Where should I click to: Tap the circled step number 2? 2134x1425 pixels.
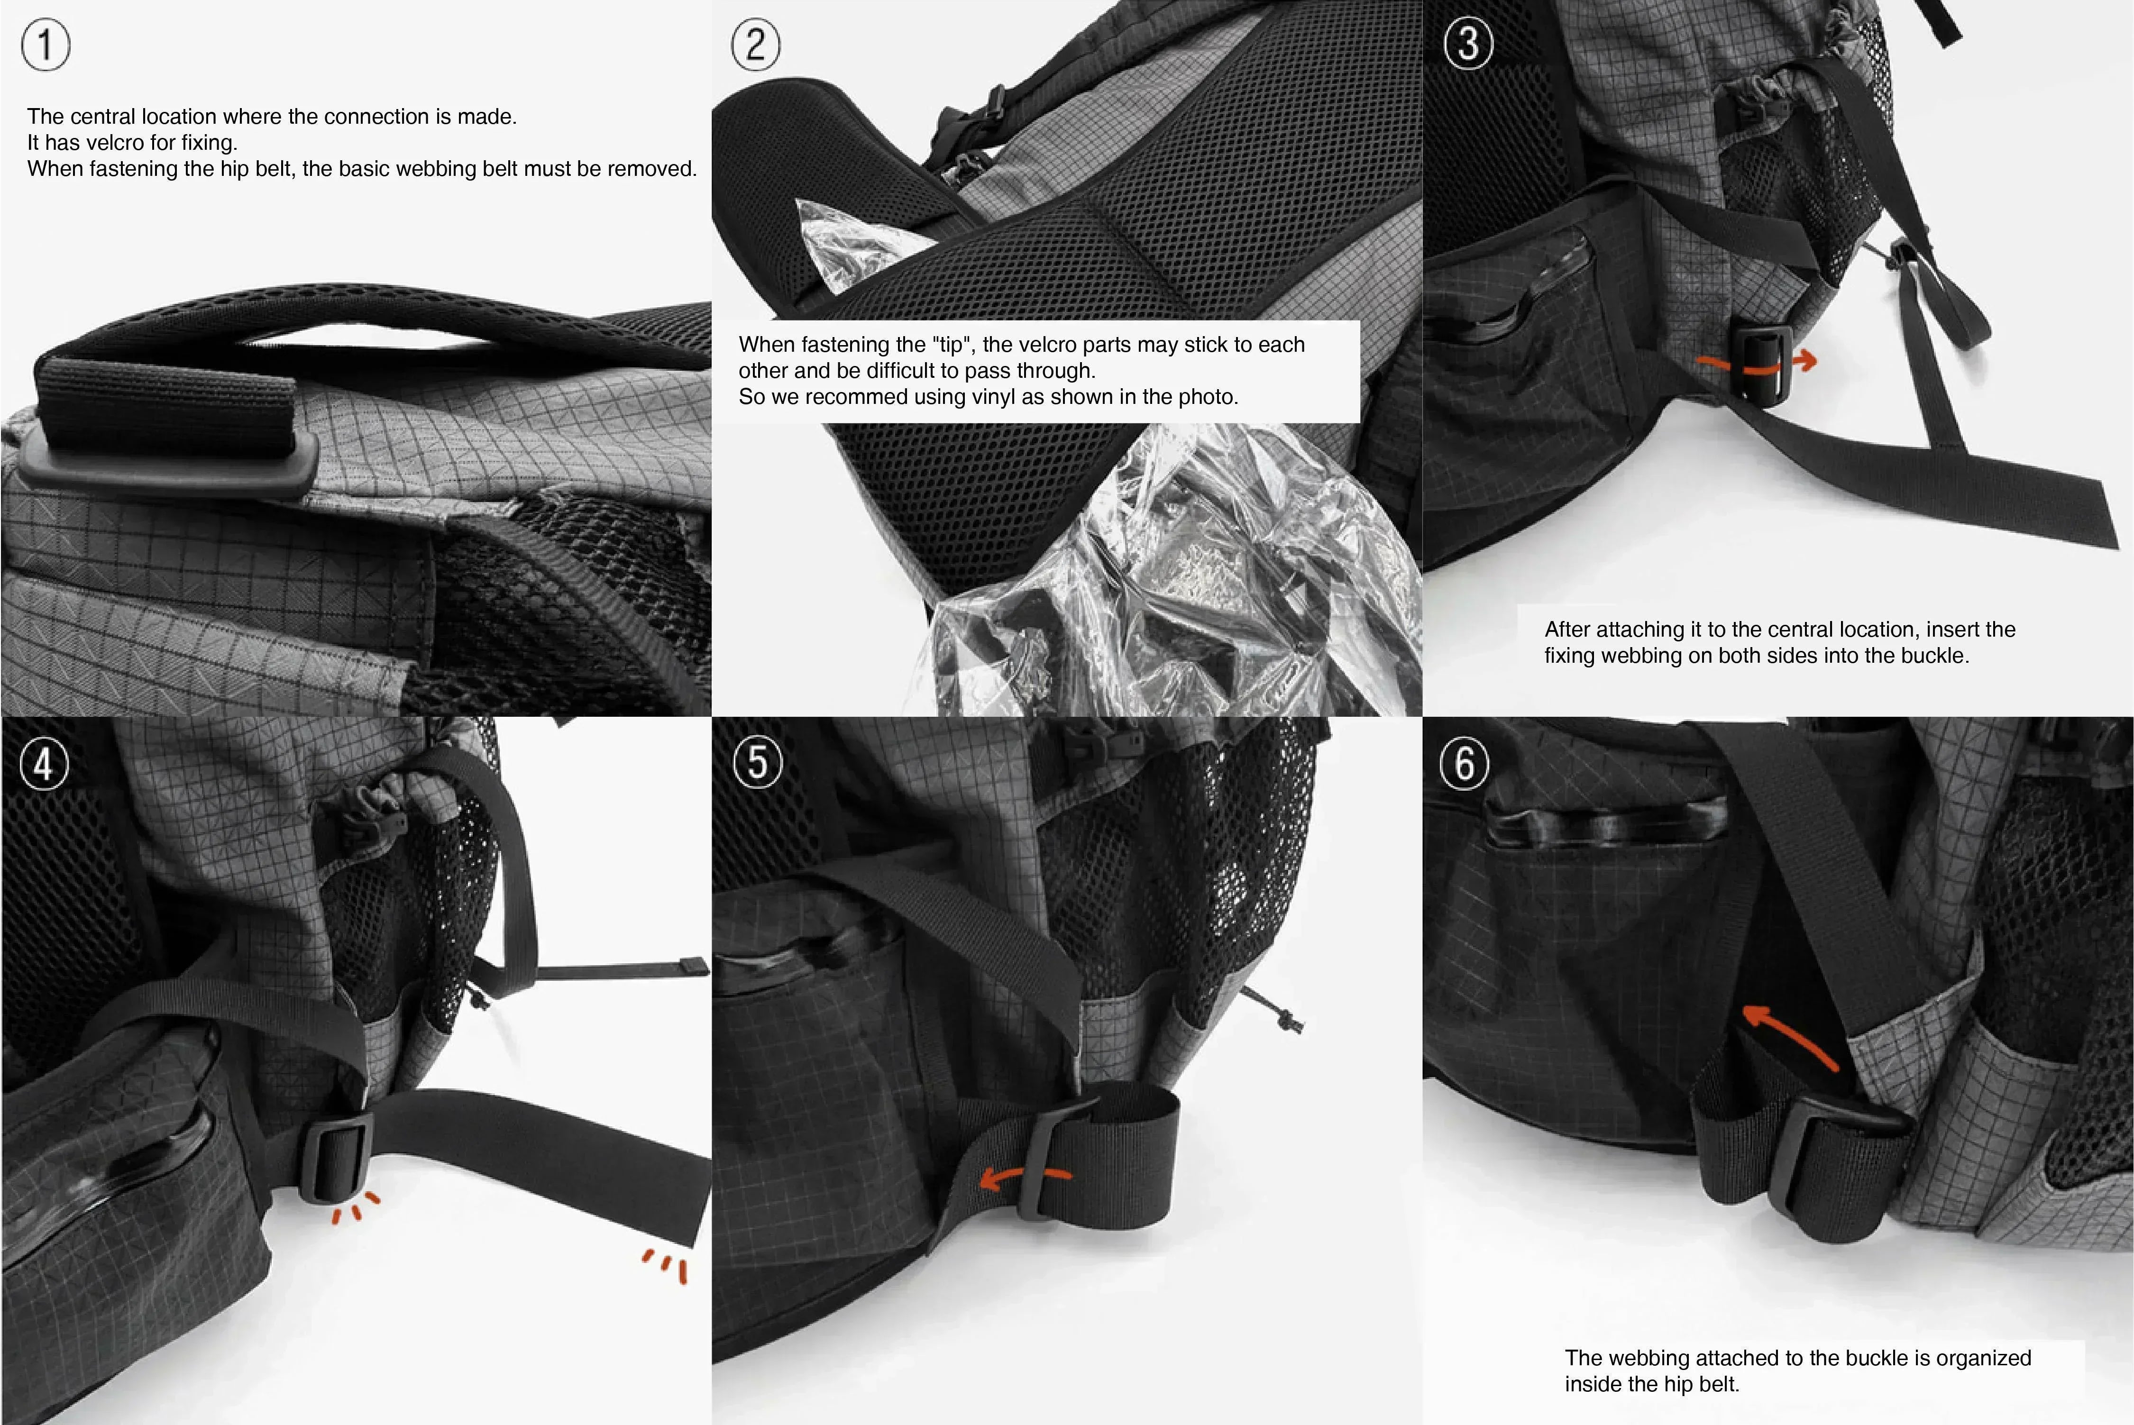pos(755,45)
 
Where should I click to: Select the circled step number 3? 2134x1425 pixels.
pos(1468,43)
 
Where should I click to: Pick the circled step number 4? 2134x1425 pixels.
pos(44,763)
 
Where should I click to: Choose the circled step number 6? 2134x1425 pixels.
pos(1464,763)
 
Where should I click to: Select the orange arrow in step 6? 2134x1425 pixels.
pos(1789,1035)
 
